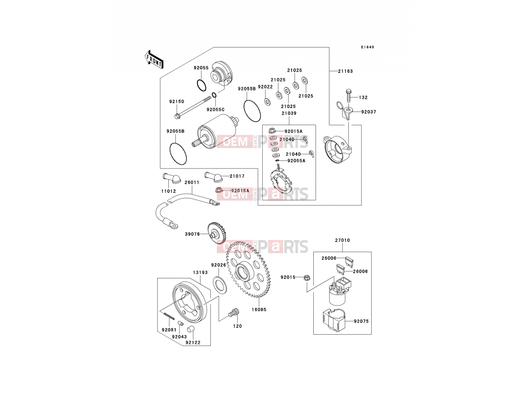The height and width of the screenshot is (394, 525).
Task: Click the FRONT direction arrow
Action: point(154,60)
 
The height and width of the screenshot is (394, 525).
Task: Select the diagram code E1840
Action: point(367,47)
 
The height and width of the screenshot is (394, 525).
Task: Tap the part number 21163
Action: point(345,71)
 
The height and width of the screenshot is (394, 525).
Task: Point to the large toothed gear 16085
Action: point(248,269)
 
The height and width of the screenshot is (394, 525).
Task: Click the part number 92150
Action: point(177,101)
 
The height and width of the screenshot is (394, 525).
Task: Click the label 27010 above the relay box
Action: point(342,240)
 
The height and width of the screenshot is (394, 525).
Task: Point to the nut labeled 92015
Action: point(307,278)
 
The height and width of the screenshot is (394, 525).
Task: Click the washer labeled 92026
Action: point(220,285)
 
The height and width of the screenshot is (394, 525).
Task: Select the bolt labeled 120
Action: point(234,313)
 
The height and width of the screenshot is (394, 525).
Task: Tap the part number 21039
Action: point(289,113)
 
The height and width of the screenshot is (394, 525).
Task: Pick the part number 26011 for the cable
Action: point(192,182)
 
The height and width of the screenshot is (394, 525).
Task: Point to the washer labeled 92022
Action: point(267,101)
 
